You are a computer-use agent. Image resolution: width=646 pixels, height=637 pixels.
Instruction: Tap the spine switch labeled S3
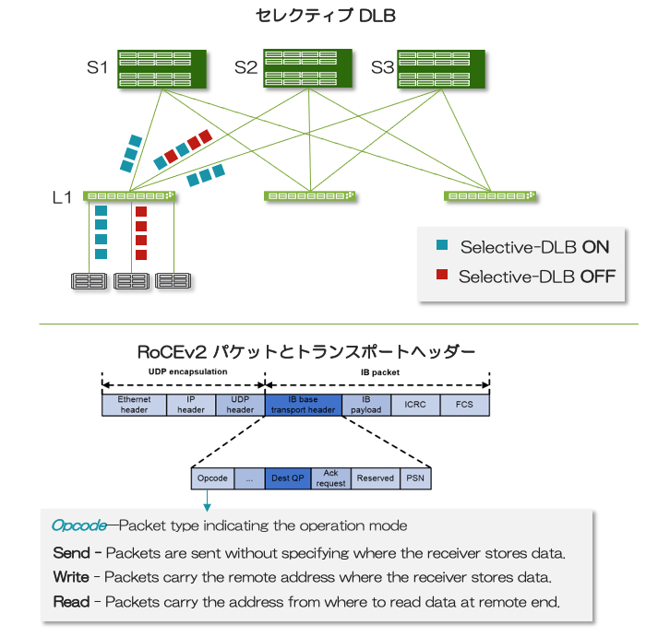tap(442, 69)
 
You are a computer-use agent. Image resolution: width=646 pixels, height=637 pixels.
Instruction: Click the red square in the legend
tap(442, 275)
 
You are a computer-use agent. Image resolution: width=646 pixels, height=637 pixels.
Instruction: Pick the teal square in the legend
tap(442, 245)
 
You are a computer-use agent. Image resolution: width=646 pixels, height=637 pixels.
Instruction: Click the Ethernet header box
tap(134, 405)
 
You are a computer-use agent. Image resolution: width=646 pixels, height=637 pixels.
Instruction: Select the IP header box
tap(191, 405)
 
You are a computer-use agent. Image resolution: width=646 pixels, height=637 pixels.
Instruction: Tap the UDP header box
tap(240, 405)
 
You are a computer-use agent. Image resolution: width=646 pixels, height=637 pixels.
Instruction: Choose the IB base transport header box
tap(303, 405)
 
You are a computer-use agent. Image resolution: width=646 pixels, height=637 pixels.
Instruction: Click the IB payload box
tap(366, 405)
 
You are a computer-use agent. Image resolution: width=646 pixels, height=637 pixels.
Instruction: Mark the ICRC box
tap(415, 405)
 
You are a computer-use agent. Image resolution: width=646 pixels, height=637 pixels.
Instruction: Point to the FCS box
tap(465, 405)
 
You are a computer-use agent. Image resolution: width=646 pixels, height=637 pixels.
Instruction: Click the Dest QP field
tap(287, 478)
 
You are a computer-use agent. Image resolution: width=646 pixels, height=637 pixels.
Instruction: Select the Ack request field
tap(330, 478)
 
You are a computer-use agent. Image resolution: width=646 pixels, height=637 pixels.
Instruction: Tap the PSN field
tap(415, 478)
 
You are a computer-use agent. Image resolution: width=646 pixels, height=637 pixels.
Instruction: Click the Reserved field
tap(375, 478)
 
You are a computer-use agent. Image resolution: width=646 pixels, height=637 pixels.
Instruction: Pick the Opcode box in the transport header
tap(212, 478)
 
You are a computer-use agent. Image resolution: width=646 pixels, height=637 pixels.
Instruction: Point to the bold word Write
tap(71, 577)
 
